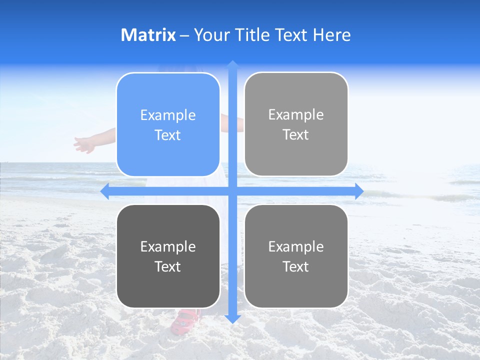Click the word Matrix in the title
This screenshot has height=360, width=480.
tap(148, 35)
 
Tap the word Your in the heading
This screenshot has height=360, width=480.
tap(210, 35)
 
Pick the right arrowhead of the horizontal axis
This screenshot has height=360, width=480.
tap(358, 191)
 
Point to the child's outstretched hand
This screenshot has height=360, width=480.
tap(84, 145)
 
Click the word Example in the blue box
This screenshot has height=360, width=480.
tap(168, 115)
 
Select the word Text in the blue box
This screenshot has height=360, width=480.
tap(168, 135)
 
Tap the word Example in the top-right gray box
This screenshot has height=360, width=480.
tap(296, 115)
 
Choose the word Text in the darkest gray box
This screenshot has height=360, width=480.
tap(168, 266)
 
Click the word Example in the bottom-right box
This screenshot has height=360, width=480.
tap(296, 246)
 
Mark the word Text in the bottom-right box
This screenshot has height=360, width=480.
tap(296, 266)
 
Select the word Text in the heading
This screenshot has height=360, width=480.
tap(289, 35)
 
